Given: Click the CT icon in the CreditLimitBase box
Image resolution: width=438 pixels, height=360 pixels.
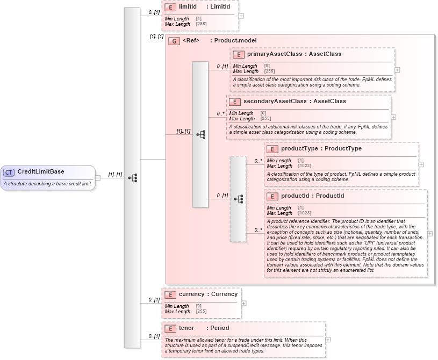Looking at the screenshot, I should [x=9, y=172].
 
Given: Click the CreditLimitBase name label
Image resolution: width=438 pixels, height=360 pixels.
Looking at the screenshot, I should [x=41, y=172].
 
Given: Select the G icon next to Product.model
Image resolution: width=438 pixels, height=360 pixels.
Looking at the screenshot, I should [x=174, y=41].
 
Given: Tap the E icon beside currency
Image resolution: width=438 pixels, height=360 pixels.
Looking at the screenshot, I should [x=170, y=294].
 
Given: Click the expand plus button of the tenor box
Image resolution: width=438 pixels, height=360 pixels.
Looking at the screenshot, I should [x=328, y=340].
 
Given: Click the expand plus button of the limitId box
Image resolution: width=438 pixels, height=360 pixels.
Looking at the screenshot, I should [x=241, y=16].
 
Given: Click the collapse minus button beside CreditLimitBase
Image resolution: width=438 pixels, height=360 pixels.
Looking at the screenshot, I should [x=98, y=178].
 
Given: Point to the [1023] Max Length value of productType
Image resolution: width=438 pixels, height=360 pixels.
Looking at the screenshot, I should [x=304, y=166].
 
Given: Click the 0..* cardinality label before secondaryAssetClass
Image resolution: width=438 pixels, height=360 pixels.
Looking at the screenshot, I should [x=220, y=114].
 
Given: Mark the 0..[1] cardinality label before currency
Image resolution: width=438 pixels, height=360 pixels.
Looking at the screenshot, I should [x=154, y=300].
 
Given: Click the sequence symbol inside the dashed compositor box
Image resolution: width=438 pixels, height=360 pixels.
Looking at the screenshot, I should [x=239, y=199].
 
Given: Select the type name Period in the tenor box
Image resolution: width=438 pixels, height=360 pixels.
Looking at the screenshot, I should [x=219, y=328].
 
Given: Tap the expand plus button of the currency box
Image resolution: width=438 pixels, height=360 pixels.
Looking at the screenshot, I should [x=244, y=303].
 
